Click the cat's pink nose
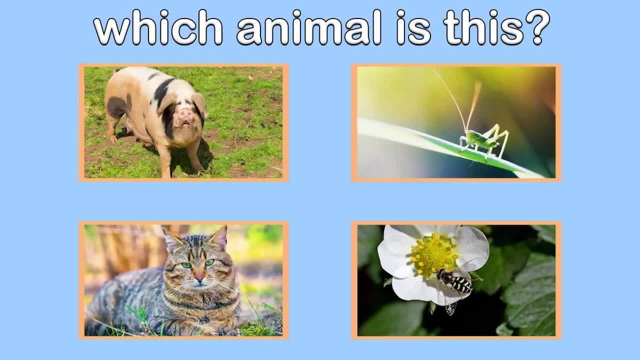(199, 276)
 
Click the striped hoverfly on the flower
(454, 282)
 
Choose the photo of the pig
(183, 122)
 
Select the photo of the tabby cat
(183, 280)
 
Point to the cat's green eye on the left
(186, 265)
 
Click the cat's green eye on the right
(209, 262)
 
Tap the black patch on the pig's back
(163, 90)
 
